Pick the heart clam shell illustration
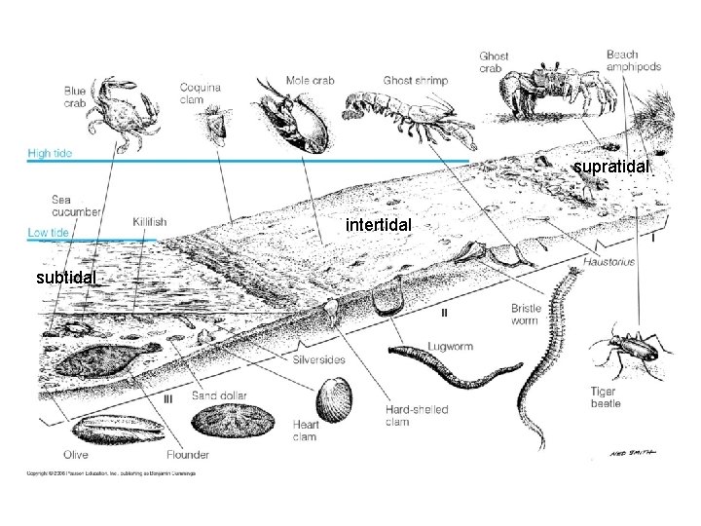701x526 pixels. click(x=331, y=400)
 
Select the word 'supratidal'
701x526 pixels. click(x=611, y=168)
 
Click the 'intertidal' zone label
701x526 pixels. click(x=380, y=226)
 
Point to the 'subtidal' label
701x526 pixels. click(x=64, y=278)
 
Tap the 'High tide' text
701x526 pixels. click(x=51, y=153)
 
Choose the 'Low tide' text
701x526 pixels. click(x=47, y=233)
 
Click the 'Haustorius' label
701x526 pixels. click(x=610, y=261)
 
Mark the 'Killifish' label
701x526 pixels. click(x=149, y=222)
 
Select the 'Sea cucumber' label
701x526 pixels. click(x=75, y=207)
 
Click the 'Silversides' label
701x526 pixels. click(x=318, y=359)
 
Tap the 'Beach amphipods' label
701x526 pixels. click(x=635, y=60)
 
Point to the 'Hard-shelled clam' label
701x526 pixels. click(x=416, y=416)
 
